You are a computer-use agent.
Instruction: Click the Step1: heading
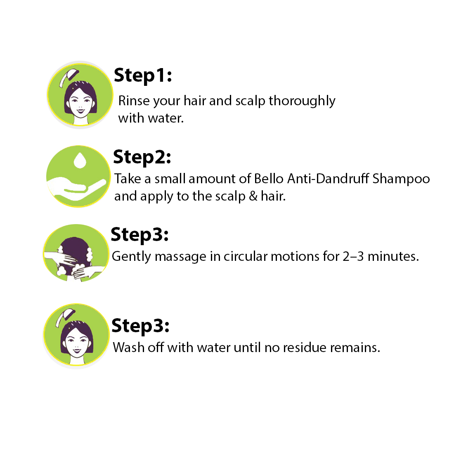click(x=143, y=76)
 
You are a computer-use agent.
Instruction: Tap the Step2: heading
click(x=142, y=157)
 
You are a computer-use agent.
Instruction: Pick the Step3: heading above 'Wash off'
click(x=140, y=326)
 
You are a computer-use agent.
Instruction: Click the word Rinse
click(x=134, y=101)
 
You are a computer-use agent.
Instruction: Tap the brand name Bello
click(x=268, y=179)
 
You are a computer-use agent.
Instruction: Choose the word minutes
click(x=393, y=257)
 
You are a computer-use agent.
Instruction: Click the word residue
click(x=305, y=348)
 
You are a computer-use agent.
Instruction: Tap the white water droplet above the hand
click(x=80, y=160)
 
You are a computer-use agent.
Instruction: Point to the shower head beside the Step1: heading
click(x=69, y=77)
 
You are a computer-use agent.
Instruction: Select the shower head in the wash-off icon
click(x=65, y=317)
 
